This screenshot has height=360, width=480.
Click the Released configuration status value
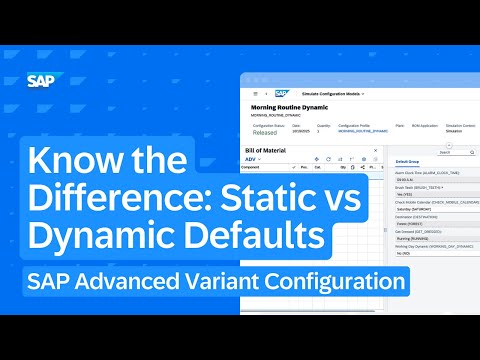pos(264,130)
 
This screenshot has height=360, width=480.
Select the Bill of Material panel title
pos(266,150)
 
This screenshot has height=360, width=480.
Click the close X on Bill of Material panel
pos(375,150)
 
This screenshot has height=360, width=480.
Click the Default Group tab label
pos(408,161)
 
